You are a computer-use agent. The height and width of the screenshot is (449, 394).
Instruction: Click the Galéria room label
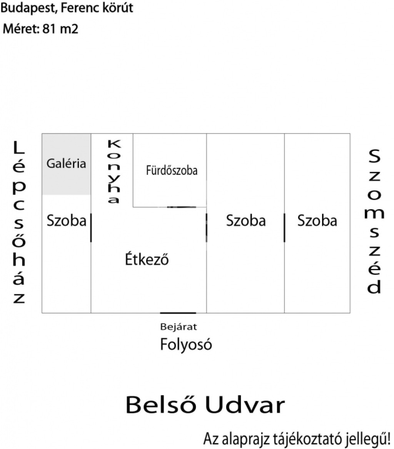point(66,164)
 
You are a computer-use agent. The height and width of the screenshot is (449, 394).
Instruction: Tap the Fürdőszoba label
point(172,170)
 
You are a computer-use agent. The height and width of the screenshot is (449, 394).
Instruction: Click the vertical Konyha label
point(114,171)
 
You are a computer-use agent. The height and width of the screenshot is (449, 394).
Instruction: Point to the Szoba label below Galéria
point(67,221)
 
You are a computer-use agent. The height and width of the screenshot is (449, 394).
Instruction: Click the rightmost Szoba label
point(317,221)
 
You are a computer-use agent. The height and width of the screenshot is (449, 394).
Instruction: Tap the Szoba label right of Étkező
point(246,221)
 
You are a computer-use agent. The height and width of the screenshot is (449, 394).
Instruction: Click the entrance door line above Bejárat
point(178,313)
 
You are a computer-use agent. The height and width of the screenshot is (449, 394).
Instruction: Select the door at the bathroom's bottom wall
point(182,207)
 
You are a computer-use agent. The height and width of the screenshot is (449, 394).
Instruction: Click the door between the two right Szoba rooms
point(284,228)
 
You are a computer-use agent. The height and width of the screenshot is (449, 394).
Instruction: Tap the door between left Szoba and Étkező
point(91,228)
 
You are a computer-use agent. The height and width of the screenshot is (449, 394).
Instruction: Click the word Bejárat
point(179,327)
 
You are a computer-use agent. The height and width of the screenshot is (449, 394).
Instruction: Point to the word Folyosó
point(186,344)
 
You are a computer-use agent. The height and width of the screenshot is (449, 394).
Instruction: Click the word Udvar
point(245,405)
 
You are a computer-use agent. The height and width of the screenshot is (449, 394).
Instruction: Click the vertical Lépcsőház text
point(19,222)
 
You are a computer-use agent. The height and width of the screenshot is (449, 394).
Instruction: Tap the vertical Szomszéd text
point(374,221)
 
